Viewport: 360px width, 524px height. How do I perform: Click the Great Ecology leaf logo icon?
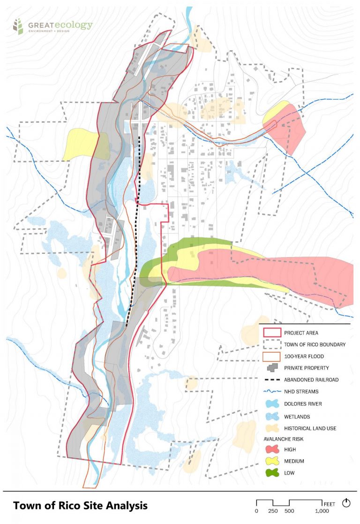coord(18,27)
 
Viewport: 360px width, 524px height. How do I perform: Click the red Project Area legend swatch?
coord(272,333)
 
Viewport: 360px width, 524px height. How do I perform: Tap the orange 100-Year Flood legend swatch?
coord(272,357)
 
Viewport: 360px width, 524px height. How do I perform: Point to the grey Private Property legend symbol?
coord(272,368)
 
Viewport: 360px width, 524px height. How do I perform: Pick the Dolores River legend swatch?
coord(272,403)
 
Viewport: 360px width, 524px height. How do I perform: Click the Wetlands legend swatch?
coord(272,416)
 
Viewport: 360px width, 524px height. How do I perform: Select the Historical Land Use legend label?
coord(310,428)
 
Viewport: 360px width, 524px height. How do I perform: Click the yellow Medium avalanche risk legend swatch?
coord(272,461)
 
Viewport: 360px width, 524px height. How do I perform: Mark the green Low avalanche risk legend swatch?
coord(272,473)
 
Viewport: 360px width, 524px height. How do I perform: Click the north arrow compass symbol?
coord(346,503)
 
